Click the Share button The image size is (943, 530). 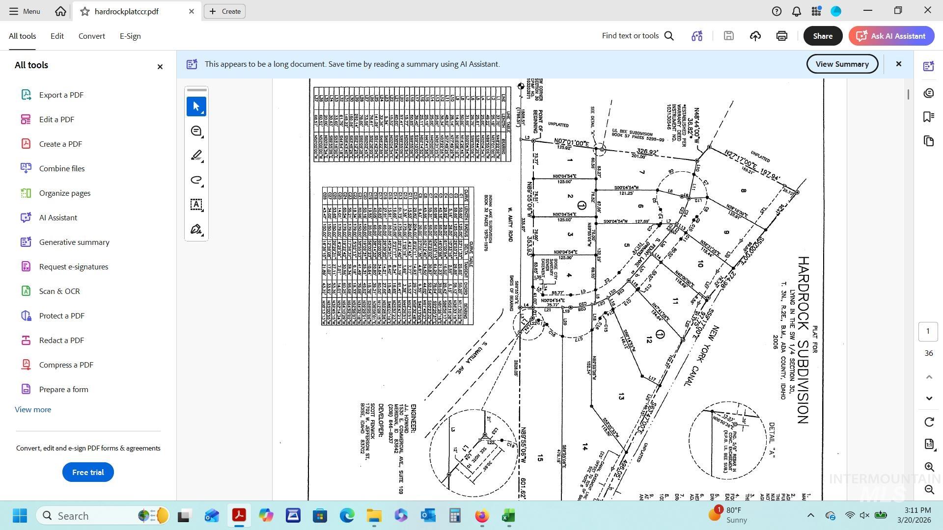[823, 36]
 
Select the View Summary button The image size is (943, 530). [842, 64]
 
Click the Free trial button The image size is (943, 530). [88, 472]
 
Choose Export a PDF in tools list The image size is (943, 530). [61, 95]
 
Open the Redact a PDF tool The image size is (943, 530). [61, 340]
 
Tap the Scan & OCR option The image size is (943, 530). [59, 291]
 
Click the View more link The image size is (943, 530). [33, 410]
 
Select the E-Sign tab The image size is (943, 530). [130, 36]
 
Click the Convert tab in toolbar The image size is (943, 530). [91, 36]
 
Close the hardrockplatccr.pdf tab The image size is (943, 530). [192, 11]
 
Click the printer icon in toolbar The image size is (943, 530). [782, 36]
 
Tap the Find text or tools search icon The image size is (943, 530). [669, 36]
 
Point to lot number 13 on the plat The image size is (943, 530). [621, 397]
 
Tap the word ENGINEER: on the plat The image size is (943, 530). [414, 419]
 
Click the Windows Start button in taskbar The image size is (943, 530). [20, 516]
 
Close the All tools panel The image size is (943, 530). [160, 67]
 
